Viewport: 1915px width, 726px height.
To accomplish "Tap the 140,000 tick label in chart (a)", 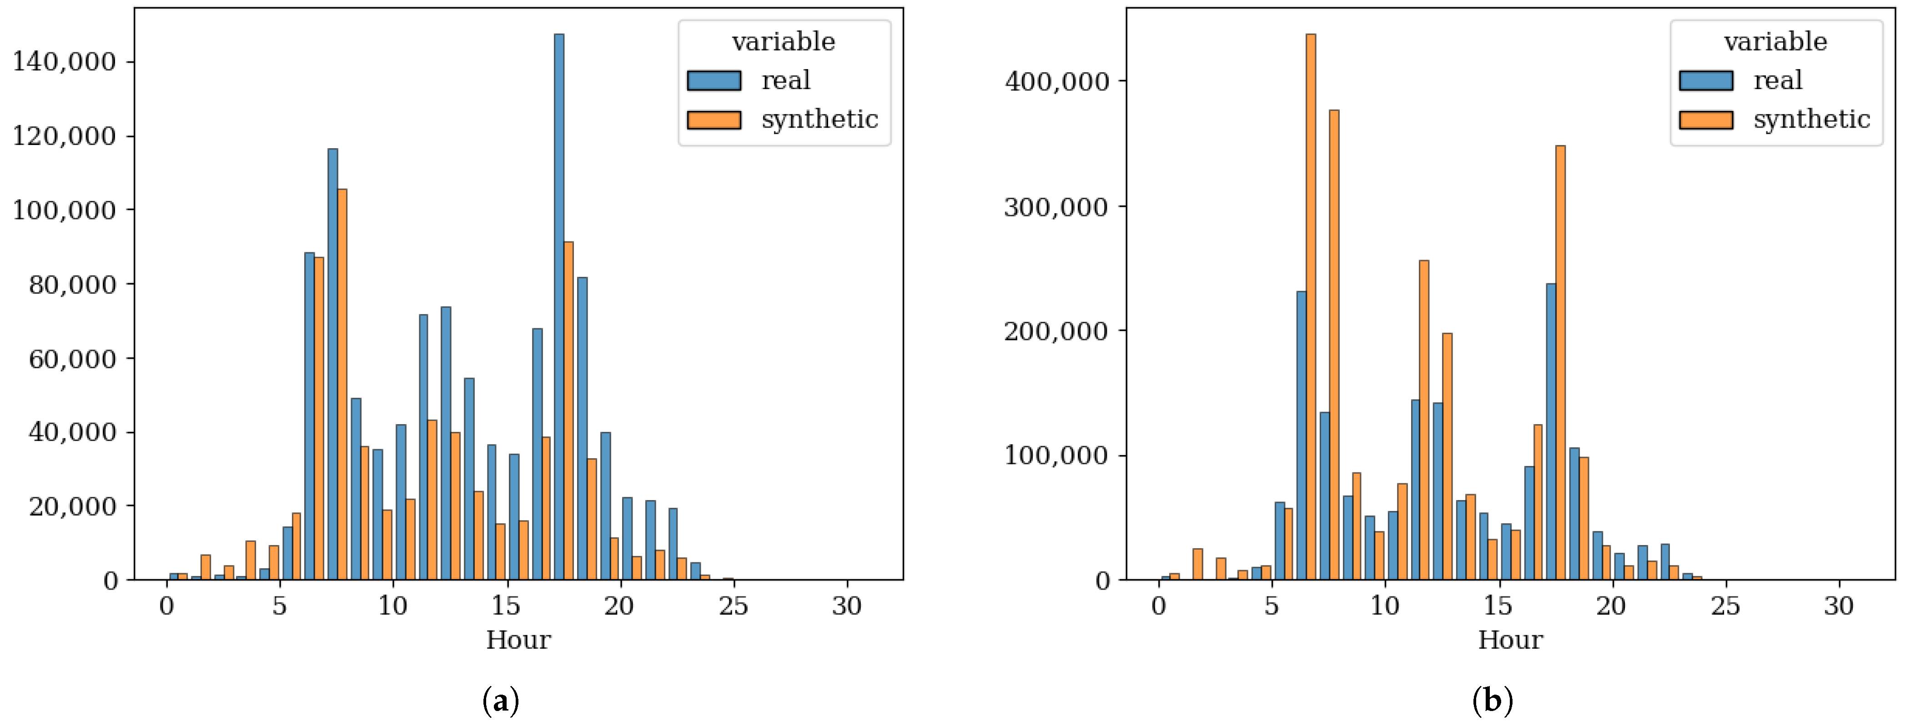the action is click(65, 62).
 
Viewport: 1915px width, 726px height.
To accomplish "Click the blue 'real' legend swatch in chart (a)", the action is click(714, 80).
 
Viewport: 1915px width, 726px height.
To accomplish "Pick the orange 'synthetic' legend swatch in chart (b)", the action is click(1706, 120).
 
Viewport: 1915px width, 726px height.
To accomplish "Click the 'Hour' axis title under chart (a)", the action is click(518, 640).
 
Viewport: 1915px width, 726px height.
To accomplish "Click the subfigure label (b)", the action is click(1492, 701).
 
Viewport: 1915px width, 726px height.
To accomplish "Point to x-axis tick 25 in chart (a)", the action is click(733, 606).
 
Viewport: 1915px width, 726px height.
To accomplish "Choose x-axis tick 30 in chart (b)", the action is click(1839, 606).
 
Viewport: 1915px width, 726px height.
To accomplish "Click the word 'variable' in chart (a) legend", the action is click(784, 42).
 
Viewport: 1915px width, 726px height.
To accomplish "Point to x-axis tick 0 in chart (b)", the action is click(1158, 606).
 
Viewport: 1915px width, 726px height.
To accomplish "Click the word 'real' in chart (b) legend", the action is click(1778, 80).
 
